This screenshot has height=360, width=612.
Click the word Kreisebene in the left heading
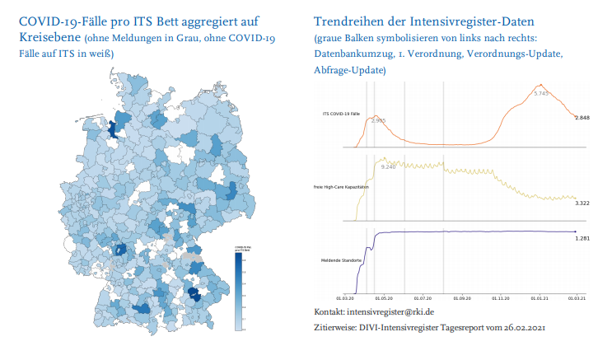pyautogui.click(x=48, y=39)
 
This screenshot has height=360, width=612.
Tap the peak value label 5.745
pyautogui.click(x=541, y=94)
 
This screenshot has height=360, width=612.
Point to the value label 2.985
pyautogui.click(x=378, y=121)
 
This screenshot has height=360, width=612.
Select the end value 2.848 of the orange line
pyautogui.click(x=582, y=119)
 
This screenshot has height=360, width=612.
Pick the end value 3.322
pyautogui.click(x=582, y=203)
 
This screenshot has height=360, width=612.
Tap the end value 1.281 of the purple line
pyautogui.click(x=582, y=238)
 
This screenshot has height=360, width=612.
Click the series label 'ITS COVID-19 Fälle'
pyautogui.click(x=341, y=113)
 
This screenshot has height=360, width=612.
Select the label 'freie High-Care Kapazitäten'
pyautogui.click(x=341, y=187)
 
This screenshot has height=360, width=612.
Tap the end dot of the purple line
pyautogui.click(x=574, y=231)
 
